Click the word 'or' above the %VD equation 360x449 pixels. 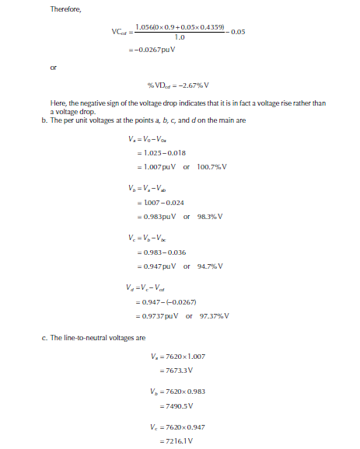pyautogui.click(x=53, y=68)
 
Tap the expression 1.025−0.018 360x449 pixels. pyautogui.click(x=162, y=153)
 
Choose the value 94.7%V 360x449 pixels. pyautogui.click(x=206, y=266)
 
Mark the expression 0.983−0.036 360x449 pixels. pyautogui.click(x=162, y=252)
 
